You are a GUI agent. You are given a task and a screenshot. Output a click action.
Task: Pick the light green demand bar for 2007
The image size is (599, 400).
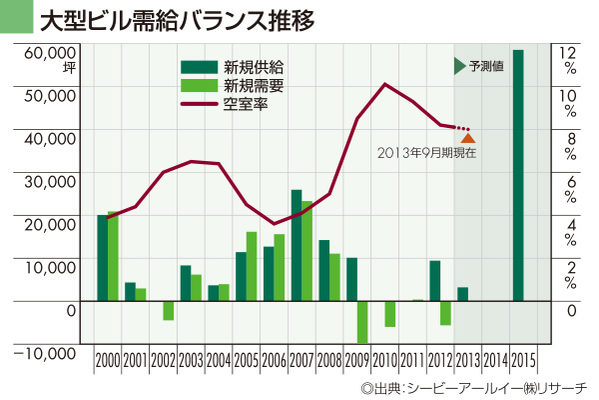[307, 251]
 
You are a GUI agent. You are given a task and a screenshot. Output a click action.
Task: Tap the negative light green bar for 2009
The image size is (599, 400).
[362, 321]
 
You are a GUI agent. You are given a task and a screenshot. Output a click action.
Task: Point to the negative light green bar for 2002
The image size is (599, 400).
[169, 310]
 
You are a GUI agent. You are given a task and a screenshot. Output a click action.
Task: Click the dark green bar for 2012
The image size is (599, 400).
[435, 281]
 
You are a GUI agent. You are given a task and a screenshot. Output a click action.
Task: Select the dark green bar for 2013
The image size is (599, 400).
[462, 294]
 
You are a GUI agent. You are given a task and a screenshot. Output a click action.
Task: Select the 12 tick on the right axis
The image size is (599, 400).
[566, 51]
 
